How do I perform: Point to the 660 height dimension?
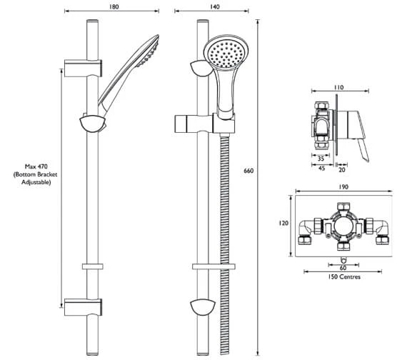tap(248, 171)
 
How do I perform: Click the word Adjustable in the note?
tap(36, 183)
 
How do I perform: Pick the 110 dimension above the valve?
tap(338, 87)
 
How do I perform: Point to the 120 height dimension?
tap(283, 224)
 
